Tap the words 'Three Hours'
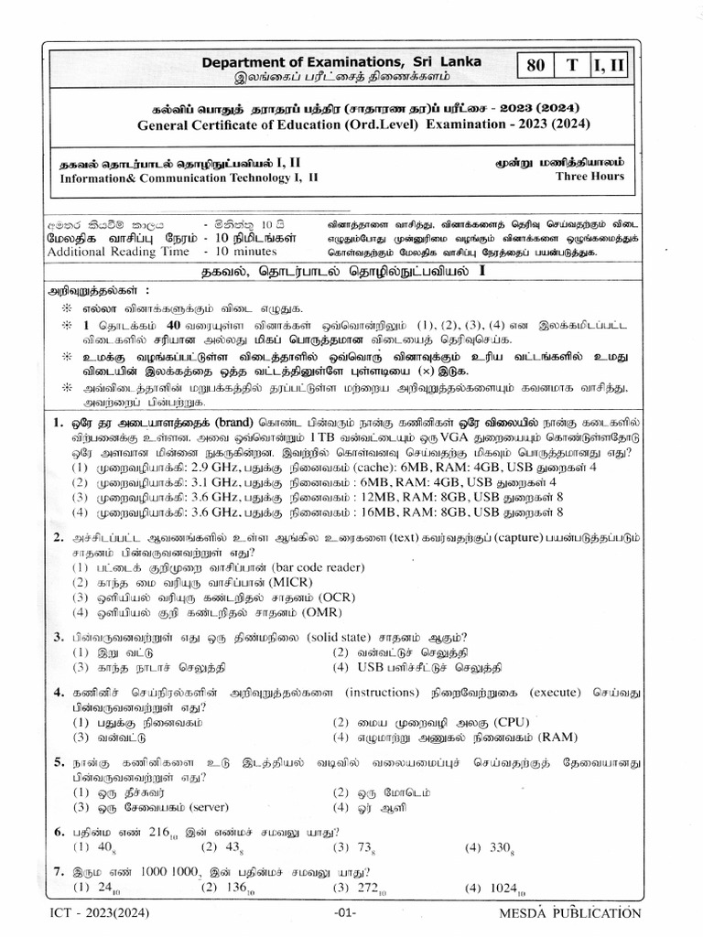tap(590, 177)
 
